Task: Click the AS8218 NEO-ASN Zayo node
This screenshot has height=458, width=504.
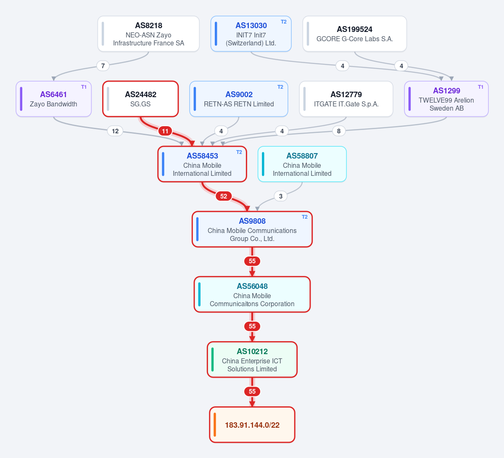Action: (x=148, y=34)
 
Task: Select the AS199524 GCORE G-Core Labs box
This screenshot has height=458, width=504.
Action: (x=354, y=34)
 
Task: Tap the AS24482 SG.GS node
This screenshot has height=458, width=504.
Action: (x=140, y=99)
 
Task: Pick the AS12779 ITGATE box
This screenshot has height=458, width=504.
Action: (x=346, y=99)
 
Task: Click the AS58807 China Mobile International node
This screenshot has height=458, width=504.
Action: (x=302, y=164)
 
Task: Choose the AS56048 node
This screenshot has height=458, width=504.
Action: (x=252, y=294)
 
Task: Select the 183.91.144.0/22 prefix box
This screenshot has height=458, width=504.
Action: (x=252, y=424)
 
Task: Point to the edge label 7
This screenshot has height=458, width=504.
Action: (x=103, y=66)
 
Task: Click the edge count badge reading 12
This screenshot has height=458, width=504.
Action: (x=115, y=131)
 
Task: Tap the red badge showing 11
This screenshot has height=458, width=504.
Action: (x=165, y=131)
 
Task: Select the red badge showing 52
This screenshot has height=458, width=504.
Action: (x=224, y=196)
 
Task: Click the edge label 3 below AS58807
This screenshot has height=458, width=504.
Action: (x=281, y=196)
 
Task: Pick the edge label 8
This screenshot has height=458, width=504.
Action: (x=339, y=131)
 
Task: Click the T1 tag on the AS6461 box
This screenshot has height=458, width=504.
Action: (x=84, y=87)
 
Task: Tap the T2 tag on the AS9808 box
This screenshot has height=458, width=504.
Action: (x=305, y=217)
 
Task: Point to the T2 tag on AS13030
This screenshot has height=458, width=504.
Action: (x=283, y=22)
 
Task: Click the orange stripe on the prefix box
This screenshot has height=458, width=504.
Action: (x=215, y=424)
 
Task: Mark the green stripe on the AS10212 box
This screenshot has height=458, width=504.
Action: (x=212, y=359)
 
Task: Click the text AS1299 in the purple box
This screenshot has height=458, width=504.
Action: (x=446, y=91)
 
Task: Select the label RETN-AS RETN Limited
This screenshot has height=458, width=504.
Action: (x=239, y=104)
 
